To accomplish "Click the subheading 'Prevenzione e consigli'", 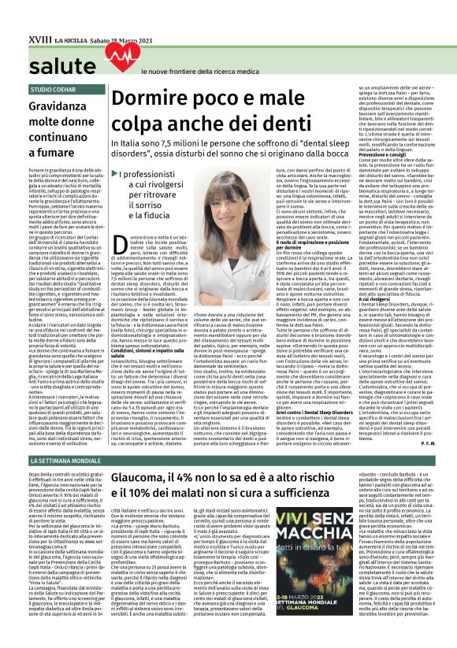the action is [x=380, y=154].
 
